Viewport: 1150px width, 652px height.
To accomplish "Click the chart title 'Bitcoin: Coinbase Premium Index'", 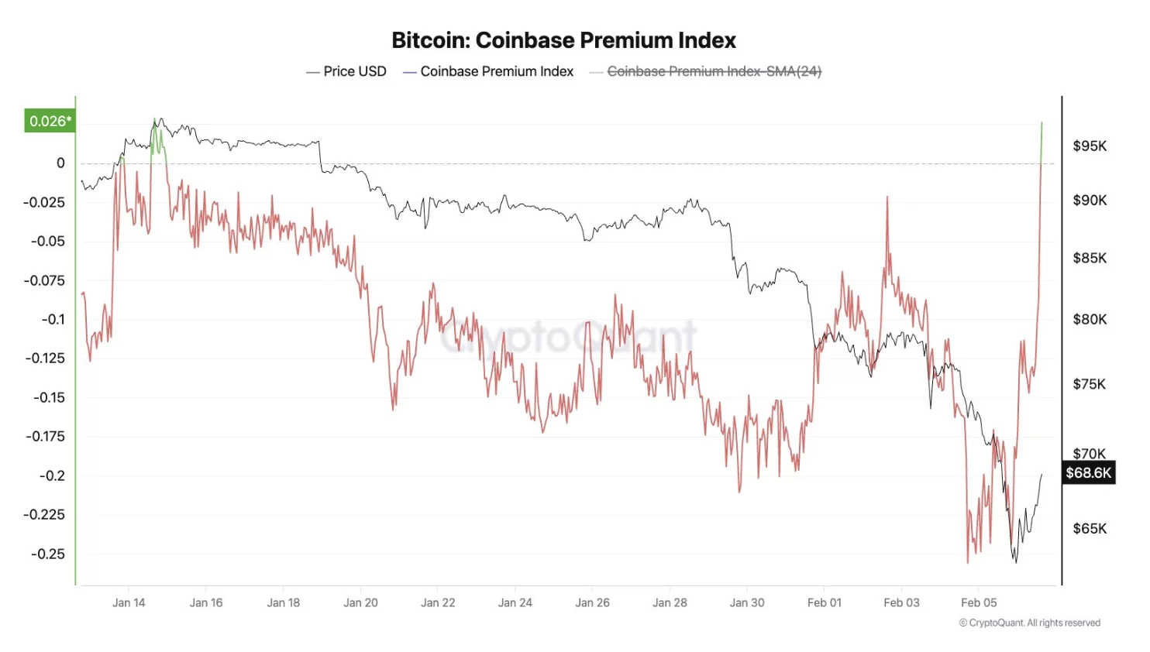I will click(x=563, y=40).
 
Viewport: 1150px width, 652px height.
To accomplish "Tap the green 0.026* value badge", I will click(x=50, y=121).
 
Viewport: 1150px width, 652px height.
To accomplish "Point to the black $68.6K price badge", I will click(x=1088, y=472).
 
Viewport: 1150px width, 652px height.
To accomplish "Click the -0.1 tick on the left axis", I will click(x=53, y=319).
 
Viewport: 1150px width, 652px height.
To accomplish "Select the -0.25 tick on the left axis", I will click(x=48, y=554).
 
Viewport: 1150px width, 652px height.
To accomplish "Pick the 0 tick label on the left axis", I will click(x=60, y=163).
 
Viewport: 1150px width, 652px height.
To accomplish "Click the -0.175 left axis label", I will click(x=45, y=436).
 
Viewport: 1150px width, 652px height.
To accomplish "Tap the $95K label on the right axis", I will click(x=1090, y=146).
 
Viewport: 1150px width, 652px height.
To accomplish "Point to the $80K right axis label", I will click(x=1090, y=319).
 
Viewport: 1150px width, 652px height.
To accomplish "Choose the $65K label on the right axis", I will click(x=1090, y=528).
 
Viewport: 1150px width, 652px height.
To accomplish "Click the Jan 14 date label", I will click(x=129, y=602).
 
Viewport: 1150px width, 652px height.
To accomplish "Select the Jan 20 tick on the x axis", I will click(x=360, y=602).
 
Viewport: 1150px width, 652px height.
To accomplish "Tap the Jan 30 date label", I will click(x=747, y=602).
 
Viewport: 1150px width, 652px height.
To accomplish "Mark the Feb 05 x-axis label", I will click(x=979, y=602).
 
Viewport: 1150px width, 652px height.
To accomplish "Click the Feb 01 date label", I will click(x=824, y=602).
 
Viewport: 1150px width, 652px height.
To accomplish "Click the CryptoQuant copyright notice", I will click(x=1029, y=623).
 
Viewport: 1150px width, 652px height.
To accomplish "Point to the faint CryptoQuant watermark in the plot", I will click(x=568, y=337).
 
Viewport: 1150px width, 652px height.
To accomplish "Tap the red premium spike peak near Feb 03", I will click(x=887, y=198).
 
